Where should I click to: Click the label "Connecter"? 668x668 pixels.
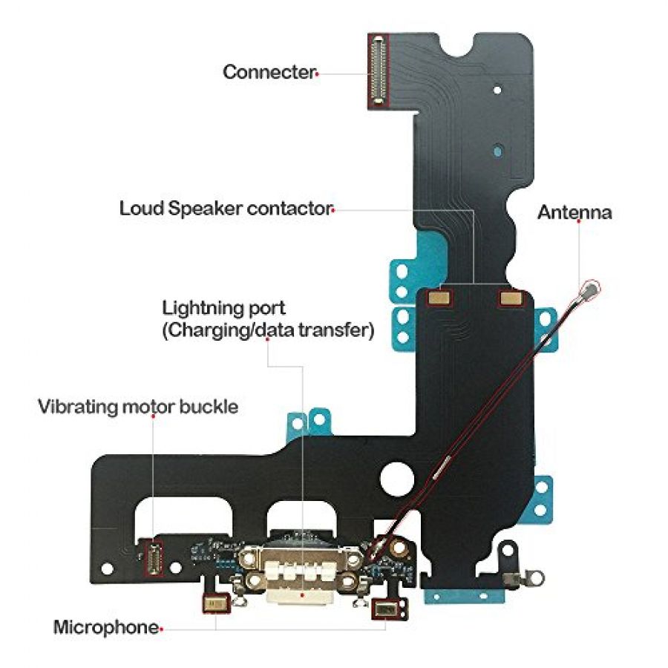tap(269, 72)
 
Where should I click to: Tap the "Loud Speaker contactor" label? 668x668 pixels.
tap(226, 209)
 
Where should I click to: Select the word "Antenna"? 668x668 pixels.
tap(574, 212)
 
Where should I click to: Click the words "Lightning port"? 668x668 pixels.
tap(223, 308)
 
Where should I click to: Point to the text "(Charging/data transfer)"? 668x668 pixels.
tap(269, 330)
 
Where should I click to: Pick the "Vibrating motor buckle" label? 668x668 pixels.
tap(138, 407)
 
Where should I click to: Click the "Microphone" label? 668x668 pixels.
tap(106, 627)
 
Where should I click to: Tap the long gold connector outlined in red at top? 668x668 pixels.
tap(379, 71)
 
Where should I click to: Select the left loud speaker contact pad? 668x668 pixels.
tap(440, 298)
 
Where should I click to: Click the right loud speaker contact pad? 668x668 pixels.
tap(511, 298)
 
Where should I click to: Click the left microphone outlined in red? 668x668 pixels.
tap(217, 603)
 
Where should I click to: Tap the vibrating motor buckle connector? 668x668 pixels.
tap(153, 558)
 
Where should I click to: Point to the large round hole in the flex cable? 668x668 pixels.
tap(397, 479)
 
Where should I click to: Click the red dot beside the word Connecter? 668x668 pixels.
tap(317, 74)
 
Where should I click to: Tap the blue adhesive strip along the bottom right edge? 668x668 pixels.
tap(465, 597)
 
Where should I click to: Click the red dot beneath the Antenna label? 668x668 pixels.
tap(578, 221)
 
